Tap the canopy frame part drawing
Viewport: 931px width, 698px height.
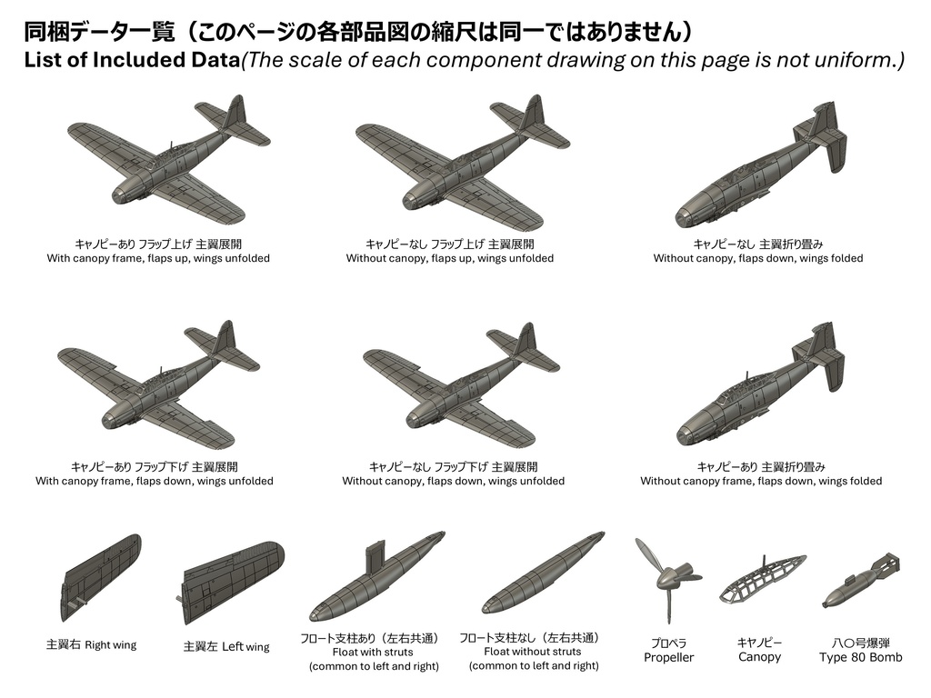click(763, 579)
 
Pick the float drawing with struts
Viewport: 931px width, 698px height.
click(376, 575)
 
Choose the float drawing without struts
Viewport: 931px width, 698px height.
click(544, 573)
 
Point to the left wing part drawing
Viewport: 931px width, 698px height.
click(232, 582)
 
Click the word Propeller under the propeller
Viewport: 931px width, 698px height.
click(668, 658)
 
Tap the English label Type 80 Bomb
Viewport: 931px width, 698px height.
click(860, 657)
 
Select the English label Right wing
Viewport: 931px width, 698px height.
click(110, 645)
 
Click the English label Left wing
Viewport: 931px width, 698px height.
click(245, 646)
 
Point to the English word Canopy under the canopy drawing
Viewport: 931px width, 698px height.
click(759, 657)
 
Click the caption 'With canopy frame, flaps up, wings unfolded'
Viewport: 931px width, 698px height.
click(158, 258)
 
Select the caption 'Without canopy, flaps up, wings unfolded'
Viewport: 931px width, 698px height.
click(449, 258)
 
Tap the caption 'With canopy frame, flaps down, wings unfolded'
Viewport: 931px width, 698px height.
click(155, 481)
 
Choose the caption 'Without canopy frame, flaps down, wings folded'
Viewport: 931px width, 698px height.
click(761, 481)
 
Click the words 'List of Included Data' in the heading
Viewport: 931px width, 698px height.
click(131, 60)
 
